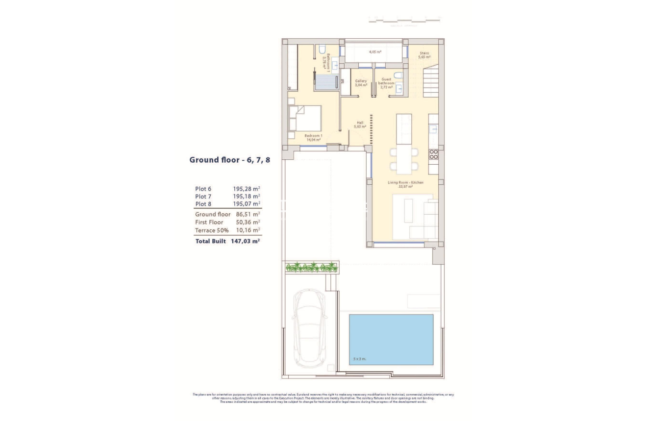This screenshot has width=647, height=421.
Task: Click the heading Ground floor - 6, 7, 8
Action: click(229, 160)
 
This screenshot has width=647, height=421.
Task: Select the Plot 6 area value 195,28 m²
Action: click(246, 189)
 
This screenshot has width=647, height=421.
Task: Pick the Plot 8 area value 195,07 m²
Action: click(246, 204)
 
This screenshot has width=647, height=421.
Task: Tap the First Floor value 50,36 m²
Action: click(246, 223)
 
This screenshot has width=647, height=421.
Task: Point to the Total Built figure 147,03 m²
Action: click(245, 241)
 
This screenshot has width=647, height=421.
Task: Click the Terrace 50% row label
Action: click(212, 230)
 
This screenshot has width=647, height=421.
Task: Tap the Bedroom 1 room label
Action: click(313, 137)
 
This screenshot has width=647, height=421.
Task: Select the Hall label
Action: click(360, 124)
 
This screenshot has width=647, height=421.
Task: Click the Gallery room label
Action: click(361, 83)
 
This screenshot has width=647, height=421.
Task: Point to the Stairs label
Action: click(424, 55)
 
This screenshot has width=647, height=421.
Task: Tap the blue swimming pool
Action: click(391, 339)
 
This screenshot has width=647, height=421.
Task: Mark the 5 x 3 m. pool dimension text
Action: click(359, 359)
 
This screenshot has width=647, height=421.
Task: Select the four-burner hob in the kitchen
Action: click(433, 154)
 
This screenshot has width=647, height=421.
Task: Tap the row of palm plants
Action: click(312, 267)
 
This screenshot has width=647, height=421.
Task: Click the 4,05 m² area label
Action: click(375, 51)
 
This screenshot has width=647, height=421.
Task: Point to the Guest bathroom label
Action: click(386, 83)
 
